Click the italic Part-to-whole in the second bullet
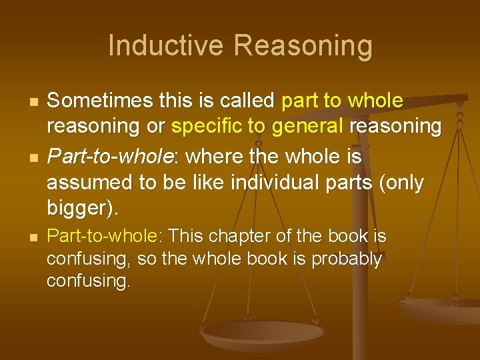click(x=111, y=157)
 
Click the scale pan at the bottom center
click(x=253, y=333)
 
